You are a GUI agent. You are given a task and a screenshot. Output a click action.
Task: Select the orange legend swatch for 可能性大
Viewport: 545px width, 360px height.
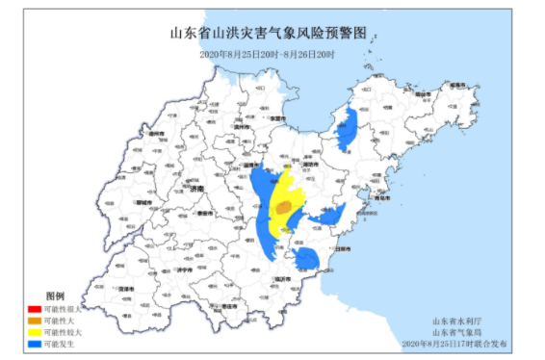coord(35,319)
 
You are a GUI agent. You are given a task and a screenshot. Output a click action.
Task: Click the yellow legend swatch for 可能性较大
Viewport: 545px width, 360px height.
coord(35,331)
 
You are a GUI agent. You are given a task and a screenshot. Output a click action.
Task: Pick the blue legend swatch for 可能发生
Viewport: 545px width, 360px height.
coord(35,344)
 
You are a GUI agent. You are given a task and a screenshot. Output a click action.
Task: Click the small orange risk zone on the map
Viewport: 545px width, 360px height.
coord(283,206)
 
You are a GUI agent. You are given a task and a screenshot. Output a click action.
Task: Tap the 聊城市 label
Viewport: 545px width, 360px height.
coord(144,203)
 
